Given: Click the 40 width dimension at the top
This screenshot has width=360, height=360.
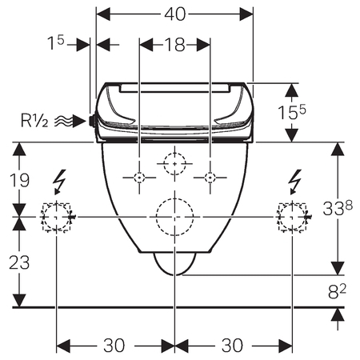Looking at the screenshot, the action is click(x=174, y=14).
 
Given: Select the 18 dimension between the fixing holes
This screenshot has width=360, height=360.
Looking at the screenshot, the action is click(x=174, y=45).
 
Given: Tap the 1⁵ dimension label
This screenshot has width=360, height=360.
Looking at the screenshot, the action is click(x=56, y=42).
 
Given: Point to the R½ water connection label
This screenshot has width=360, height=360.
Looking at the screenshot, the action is click(x=34, y=121).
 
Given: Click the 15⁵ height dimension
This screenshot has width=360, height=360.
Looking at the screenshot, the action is click(x=292, y=112).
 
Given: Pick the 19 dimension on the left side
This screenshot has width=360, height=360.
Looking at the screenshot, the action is click(x=19, y=180).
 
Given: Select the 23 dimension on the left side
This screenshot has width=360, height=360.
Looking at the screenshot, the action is click(x=19, y=262).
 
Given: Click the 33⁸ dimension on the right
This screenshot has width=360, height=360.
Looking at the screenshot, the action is click(x=338, y=208).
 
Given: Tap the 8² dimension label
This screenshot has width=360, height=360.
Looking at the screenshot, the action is click(x=337, y=291).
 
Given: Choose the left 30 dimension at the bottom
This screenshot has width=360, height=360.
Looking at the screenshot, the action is click(x=114, y=346).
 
